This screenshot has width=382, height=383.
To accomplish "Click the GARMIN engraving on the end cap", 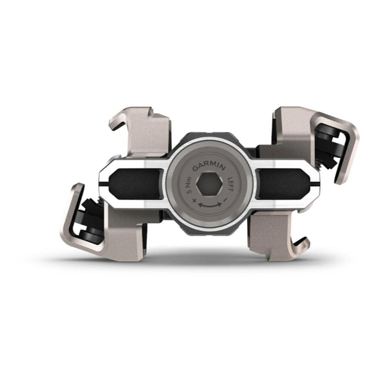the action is click(x=209, y=166).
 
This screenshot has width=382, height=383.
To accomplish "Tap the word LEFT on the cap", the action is click(x=230, y=184).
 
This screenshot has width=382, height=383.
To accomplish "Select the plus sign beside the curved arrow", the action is click(x=194, y=200).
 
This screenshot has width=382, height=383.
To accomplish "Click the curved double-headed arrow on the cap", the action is click(x=210, y=205).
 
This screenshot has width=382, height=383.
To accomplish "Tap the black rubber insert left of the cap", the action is click(x=135, y=184).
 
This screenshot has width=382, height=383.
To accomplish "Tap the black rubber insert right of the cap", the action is click(x=283, y=184).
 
